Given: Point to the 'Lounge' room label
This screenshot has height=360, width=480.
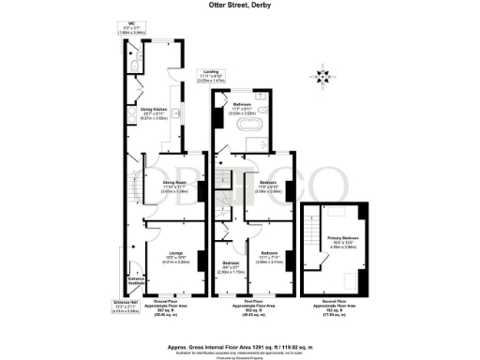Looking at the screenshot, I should click(175, 257).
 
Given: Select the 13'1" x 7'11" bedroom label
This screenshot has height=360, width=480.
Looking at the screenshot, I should click(269, 259).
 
